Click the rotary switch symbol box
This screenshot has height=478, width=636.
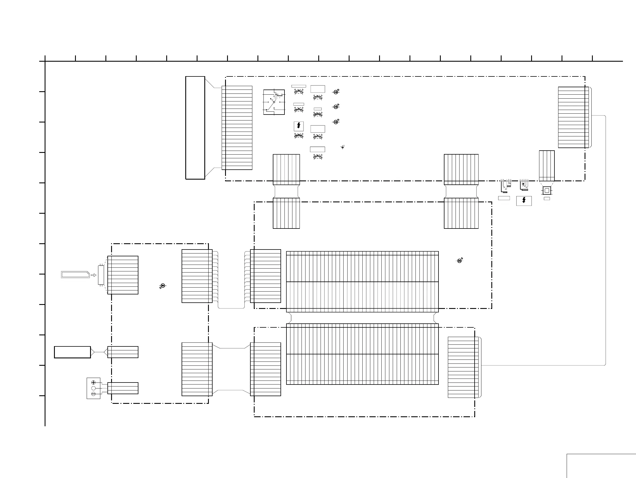pos(274,102)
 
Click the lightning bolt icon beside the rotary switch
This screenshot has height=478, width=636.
pos(299,126)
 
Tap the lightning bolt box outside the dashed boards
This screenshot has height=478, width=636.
pos(524,201)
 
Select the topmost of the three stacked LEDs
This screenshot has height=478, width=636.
pos(336,92)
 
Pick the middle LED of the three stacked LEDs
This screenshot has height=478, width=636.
pos(336,107)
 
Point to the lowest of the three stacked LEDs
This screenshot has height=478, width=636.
pos(336,122)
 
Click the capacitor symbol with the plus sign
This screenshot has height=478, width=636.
pos(342,147)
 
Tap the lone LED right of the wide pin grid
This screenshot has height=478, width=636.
pos(460,261)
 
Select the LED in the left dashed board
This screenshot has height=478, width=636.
pos(163,286)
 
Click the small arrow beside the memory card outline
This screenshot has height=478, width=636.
pos(93,275)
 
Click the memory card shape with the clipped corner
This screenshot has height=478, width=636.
pos(75,275)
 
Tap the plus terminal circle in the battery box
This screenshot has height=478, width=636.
pos(93,383)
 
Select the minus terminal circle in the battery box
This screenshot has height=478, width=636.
pos(93,394)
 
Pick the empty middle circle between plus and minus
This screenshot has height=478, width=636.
pos(93,388)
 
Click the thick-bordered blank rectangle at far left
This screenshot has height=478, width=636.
pos(72,352)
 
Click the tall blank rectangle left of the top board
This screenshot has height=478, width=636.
pos(195,128)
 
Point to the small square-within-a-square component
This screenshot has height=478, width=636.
pos(546,190)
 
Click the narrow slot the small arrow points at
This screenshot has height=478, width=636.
pos(101,275)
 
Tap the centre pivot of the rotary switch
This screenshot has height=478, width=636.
pos(274,102)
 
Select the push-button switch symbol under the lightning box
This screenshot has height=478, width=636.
pos(299,136)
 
